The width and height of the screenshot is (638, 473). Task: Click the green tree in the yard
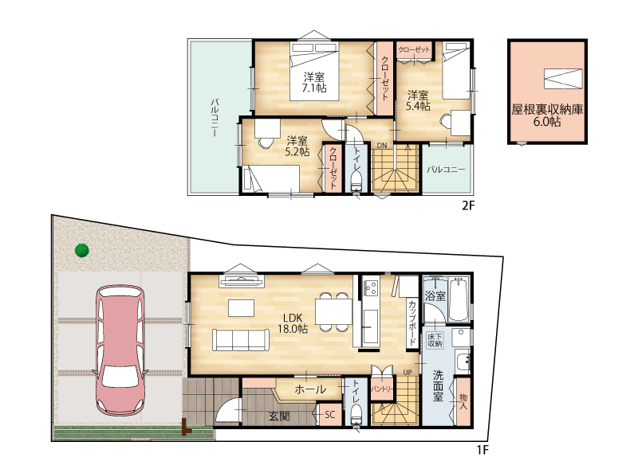(82, 250)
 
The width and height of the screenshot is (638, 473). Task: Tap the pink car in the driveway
(120, 350)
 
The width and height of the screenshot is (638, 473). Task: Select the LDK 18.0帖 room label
(293, 323)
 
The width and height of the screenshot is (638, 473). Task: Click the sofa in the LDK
(241, 340)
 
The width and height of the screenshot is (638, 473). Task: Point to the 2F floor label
(468, 205)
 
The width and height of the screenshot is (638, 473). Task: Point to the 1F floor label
(482, 450)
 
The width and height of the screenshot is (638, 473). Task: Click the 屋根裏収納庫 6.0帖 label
(547, 115)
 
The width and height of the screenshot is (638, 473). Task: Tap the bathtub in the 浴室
(459, 299)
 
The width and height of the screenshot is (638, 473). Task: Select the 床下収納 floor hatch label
(435, 341)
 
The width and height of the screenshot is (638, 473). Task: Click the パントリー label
(382, 389)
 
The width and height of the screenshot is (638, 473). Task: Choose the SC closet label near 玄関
(329, 415)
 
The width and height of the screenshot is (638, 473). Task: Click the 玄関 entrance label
(279, 416)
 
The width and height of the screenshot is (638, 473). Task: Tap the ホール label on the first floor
(310, 389)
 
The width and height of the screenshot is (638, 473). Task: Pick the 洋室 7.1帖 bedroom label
(313, 82)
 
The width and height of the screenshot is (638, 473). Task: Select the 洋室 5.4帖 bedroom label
(418, 101)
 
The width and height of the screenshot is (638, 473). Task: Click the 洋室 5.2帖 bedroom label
(297, 147)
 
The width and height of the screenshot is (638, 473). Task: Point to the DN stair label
(381, 146)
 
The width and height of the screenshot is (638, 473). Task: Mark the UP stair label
(408, 372)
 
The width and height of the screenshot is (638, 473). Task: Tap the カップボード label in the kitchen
(412, 322)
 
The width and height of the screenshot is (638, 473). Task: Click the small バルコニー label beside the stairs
(446, 170)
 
